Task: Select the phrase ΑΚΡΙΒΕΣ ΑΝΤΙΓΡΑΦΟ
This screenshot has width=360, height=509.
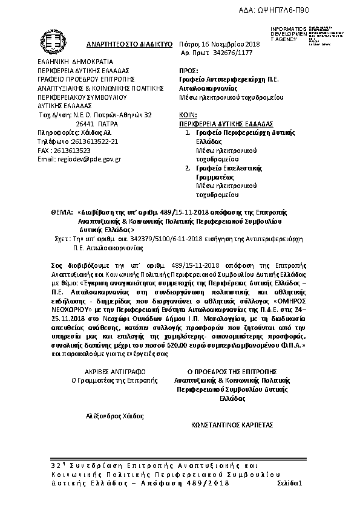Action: (114, 371)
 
